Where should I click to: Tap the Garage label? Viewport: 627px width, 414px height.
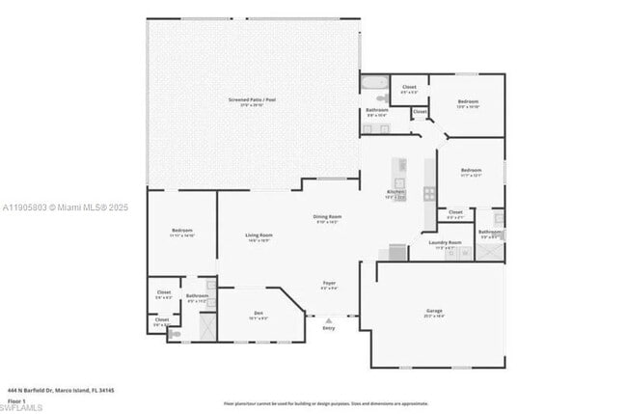click(434, 311)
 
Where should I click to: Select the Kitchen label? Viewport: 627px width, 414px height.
click(395, 192)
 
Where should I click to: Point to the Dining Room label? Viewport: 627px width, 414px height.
click(327, 217)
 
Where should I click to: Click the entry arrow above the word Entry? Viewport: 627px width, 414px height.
click(329, 318)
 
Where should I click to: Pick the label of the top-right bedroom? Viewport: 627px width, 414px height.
click(468, 101)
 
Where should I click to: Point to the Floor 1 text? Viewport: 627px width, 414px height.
click(15, 400)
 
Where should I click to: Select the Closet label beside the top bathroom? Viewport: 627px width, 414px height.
click(409, 87)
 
